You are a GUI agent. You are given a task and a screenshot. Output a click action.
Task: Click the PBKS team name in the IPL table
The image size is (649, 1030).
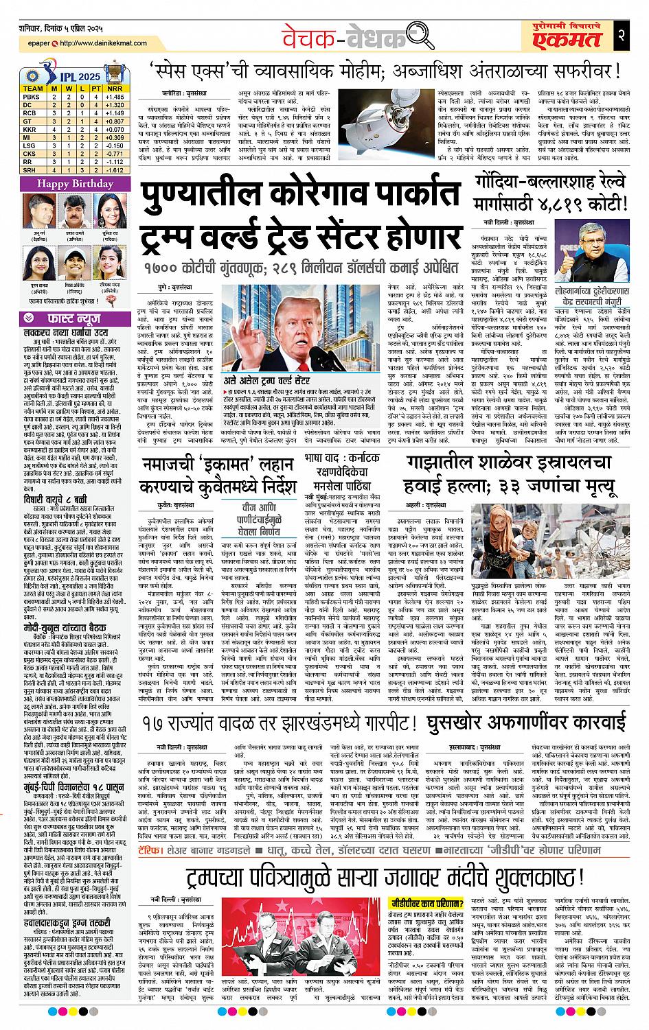coord(33,98)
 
